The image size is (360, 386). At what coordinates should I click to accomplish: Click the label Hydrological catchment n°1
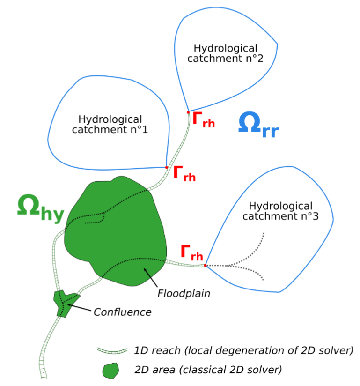[x=110, y=125]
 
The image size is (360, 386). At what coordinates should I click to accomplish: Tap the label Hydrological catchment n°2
[x=225, y=53]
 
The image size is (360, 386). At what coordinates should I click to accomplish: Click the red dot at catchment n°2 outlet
[x=188, y=112]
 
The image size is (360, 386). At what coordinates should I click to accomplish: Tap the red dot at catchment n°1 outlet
[x=167, y=167]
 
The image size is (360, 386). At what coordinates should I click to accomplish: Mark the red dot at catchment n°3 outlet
[x=205, y=265]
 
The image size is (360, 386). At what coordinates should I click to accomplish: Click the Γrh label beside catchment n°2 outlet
[x=204, y=120]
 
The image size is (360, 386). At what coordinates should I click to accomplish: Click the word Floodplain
[x=184, y=294]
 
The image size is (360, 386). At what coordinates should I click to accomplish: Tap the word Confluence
[x=123, y=312]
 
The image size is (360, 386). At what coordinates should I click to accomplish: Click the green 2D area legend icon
[x=110, y=370]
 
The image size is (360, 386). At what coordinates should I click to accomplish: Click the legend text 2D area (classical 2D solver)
[x=208, y=370]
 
